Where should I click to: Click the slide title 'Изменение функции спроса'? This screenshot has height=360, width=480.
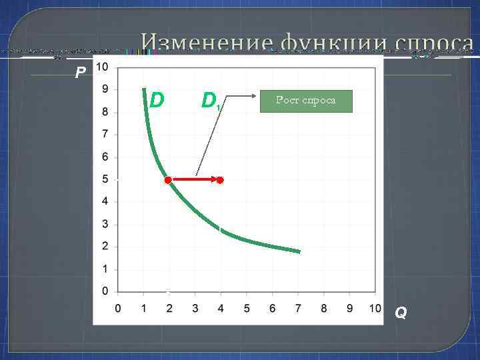pos(307,44)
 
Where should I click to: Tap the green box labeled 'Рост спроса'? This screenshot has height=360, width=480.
pos(306,101)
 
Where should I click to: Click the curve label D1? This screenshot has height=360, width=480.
pos(211,101)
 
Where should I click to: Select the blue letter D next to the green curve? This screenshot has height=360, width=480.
pos(157,100)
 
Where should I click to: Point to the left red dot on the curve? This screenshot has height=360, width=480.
pos(168,180)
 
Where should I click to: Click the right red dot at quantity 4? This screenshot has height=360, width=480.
pos(220,180)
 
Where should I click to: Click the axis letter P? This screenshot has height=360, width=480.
pos(80,73)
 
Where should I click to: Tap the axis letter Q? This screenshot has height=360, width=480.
pos(400,312)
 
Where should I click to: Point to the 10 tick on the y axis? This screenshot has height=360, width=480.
pos(103,67)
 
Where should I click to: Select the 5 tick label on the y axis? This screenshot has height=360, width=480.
pos(105,179)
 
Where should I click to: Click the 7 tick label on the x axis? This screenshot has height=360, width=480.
pos(298,309)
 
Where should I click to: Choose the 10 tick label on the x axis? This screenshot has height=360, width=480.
pos(375,309)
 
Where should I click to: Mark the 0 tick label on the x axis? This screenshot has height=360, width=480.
pos(118,309)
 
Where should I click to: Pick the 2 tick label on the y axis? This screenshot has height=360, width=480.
pos(105,247)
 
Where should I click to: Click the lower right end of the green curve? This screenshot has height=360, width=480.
pos(299,251)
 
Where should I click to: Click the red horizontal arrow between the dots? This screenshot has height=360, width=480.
pos(195,180)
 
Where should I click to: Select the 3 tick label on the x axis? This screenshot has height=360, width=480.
pos(195,309)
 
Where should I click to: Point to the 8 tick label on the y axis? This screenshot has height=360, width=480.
pos(105,112)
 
